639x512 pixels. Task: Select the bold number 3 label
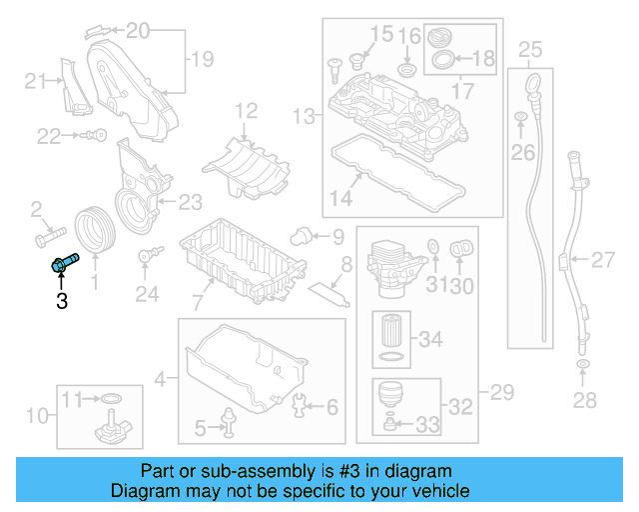[x=62, y=300]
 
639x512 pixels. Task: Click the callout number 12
[x=246, y=110]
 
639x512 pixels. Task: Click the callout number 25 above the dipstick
[x=530, y=49]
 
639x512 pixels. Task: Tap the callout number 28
[x=584, y=400]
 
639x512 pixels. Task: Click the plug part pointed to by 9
[x=297, y=236]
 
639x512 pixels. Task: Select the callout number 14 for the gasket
[x=341, y=198]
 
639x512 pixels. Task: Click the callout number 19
[x=202, y=60]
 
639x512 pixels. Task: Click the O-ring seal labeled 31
[x=433, y=247]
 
